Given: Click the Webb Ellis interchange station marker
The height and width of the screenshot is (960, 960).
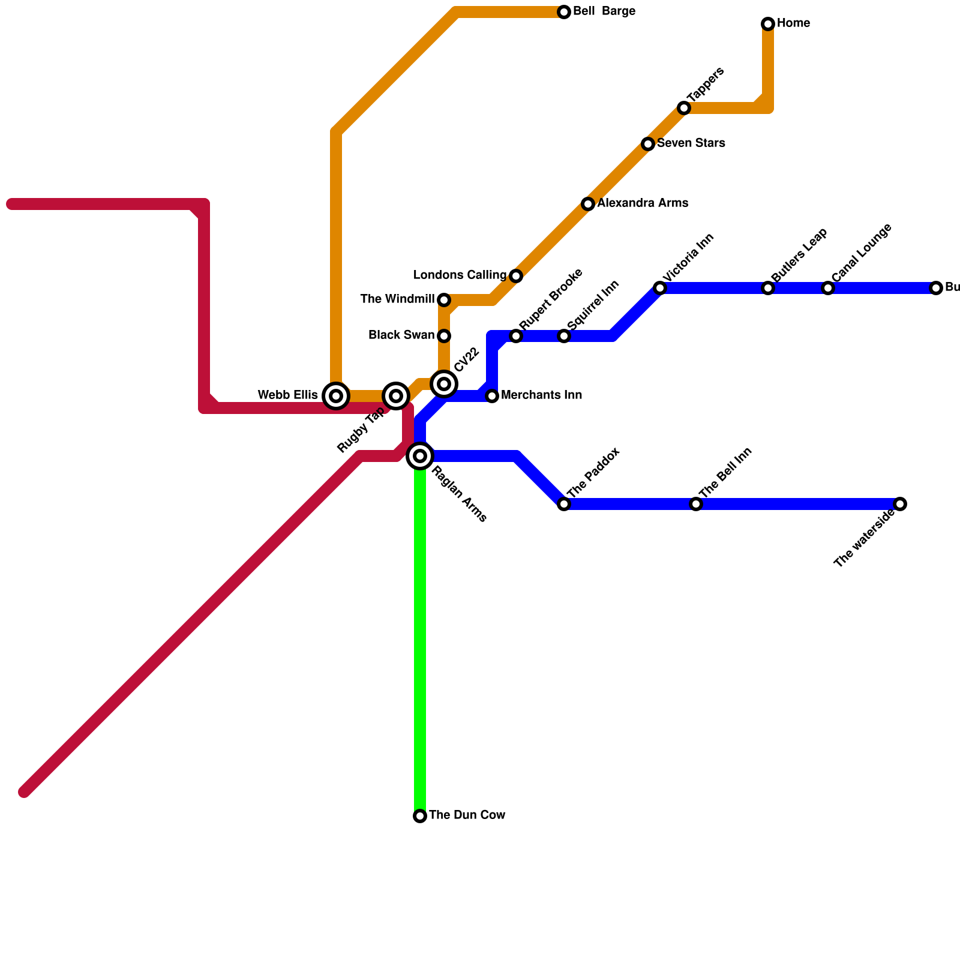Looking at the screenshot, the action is coord(336,396).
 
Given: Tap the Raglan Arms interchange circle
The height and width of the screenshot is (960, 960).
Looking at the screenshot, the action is coord(420,456).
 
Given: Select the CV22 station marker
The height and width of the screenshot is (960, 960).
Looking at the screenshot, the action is coord(444,384).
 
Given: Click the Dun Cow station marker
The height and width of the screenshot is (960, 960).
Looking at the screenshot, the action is coord(420,816).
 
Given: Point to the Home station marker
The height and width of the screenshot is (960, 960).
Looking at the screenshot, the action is coord(768,24).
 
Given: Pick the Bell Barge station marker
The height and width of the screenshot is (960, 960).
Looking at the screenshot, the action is coord(564,12).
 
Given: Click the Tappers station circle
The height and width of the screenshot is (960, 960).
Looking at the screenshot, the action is coord(684,108).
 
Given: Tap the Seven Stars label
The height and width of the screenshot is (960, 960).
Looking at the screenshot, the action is coord(691,143).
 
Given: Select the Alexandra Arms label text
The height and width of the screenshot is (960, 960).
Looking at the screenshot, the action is coord(642,203).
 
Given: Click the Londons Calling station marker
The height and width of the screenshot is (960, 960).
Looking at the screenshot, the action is coord(516,276).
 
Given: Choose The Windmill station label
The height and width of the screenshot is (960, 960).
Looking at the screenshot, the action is coord(397,299).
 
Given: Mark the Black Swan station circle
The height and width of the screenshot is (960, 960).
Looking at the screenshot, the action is coord(444,336).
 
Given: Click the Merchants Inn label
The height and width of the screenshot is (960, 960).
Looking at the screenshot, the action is coord(541,395).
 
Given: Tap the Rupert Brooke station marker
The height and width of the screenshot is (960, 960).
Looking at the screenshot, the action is coord(516,336).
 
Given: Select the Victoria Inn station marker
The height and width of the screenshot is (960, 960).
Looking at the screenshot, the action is coord(660,288).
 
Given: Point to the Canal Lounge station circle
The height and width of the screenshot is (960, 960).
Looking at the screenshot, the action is coord(828,288).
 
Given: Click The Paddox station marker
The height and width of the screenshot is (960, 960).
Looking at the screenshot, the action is coord(564,504).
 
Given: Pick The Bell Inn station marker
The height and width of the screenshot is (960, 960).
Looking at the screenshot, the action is coord(696,504).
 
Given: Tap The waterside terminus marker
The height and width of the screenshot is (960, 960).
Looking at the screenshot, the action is coord(900,504).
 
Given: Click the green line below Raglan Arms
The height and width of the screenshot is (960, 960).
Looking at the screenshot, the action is coord(420,636).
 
